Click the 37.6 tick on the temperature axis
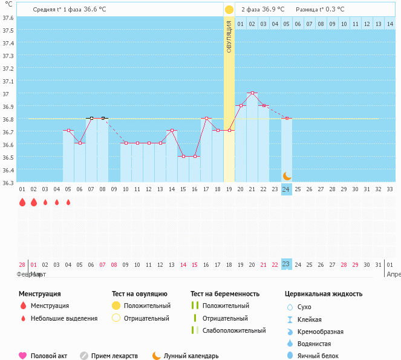[8, 18]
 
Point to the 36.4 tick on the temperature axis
[8, 170]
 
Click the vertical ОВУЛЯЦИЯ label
[229, 36]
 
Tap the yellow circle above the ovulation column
[229, 10]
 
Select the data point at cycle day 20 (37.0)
[252, 93]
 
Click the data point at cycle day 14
[172, 131]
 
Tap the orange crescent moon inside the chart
[287, 175]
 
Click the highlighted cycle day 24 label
[287, 189]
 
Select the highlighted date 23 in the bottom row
[287, 264]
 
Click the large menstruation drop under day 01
[22, 202]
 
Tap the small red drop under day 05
[68, 202]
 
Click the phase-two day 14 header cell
[390, 24]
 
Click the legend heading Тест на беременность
[225, 294]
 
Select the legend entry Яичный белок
[322, 356]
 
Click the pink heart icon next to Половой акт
[23, 356]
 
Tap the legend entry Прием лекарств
[114, 356]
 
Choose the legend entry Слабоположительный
[234, 330]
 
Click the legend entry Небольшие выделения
[64, 318]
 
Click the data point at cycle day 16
[195, 156]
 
